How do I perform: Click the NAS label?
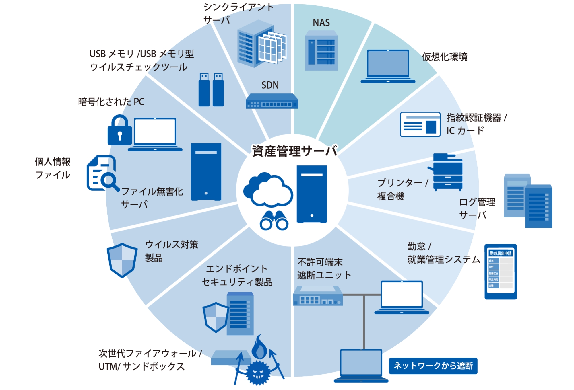tap(321, 23)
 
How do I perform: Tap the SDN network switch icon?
tap(272, 101)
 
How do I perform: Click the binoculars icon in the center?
tap(274, 221)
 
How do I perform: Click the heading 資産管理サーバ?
tap(294, 151)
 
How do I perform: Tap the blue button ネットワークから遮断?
tap(433, 366)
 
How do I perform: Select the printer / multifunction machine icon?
tap(447, 172)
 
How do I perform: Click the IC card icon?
tap(420, 124)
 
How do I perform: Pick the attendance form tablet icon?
tap(501, 271)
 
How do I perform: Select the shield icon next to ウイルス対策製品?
tap(122, 260)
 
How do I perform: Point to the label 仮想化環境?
tap(444, 57)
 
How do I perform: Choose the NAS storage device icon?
tap(321, 51)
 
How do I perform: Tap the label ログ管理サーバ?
tap(477, 208)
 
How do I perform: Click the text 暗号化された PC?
tap(111, 102)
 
